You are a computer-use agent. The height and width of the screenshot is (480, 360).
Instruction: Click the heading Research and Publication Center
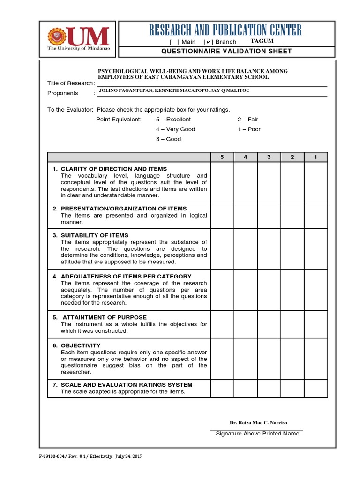pyautogui.click(x=225, y=30)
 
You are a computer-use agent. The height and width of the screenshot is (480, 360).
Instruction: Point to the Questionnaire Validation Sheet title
pyautogui.click(x=226, y=51)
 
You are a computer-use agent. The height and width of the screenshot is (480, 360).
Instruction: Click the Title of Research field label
pyautogui.click(x=70, y=83)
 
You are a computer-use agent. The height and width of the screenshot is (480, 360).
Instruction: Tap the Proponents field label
pyautogui.click(x=63, y=93)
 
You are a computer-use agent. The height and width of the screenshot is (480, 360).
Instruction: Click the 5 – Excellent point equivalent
pyautogui.click(x=173, y=120)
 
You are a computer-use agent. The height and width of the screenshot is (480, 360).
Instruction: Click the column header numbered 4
pyautogui.click(x=246, y=157)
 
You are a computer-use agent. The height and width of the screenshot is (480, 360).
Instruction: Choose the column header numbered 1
pyautogui.click(x=315, y=157)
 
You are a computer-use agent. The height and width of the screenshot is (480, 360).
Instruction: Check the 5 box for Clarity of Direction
pyautogui.click(x=222, y=182)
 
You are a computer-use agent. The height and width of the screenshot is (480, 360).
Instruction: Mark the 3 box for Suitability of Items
pyautogui.click(x=269, y=248)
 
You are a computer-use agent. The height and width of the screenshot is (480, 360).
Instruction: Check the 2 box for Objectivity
pyautogui.click(x=292, y=359)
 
